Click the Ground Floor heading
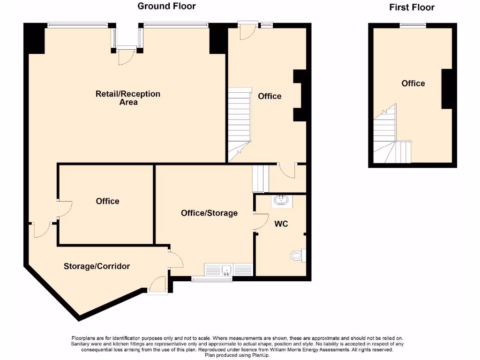point(166,6)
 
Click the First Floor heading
point(412,7)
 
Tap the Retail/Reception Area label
point(128,97)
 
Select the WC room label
point(281,224)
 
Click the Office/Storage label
point(209,213)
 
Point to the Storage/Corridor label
point(97,266)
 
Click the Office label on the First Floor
point(413,83)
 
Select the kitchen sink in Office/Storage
point(227,270)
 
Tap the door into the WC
point(258,221)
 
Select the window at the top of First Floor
point(412,25)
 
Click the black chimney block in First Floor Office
point(447,89)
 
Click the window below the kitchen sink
point(212,279)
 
